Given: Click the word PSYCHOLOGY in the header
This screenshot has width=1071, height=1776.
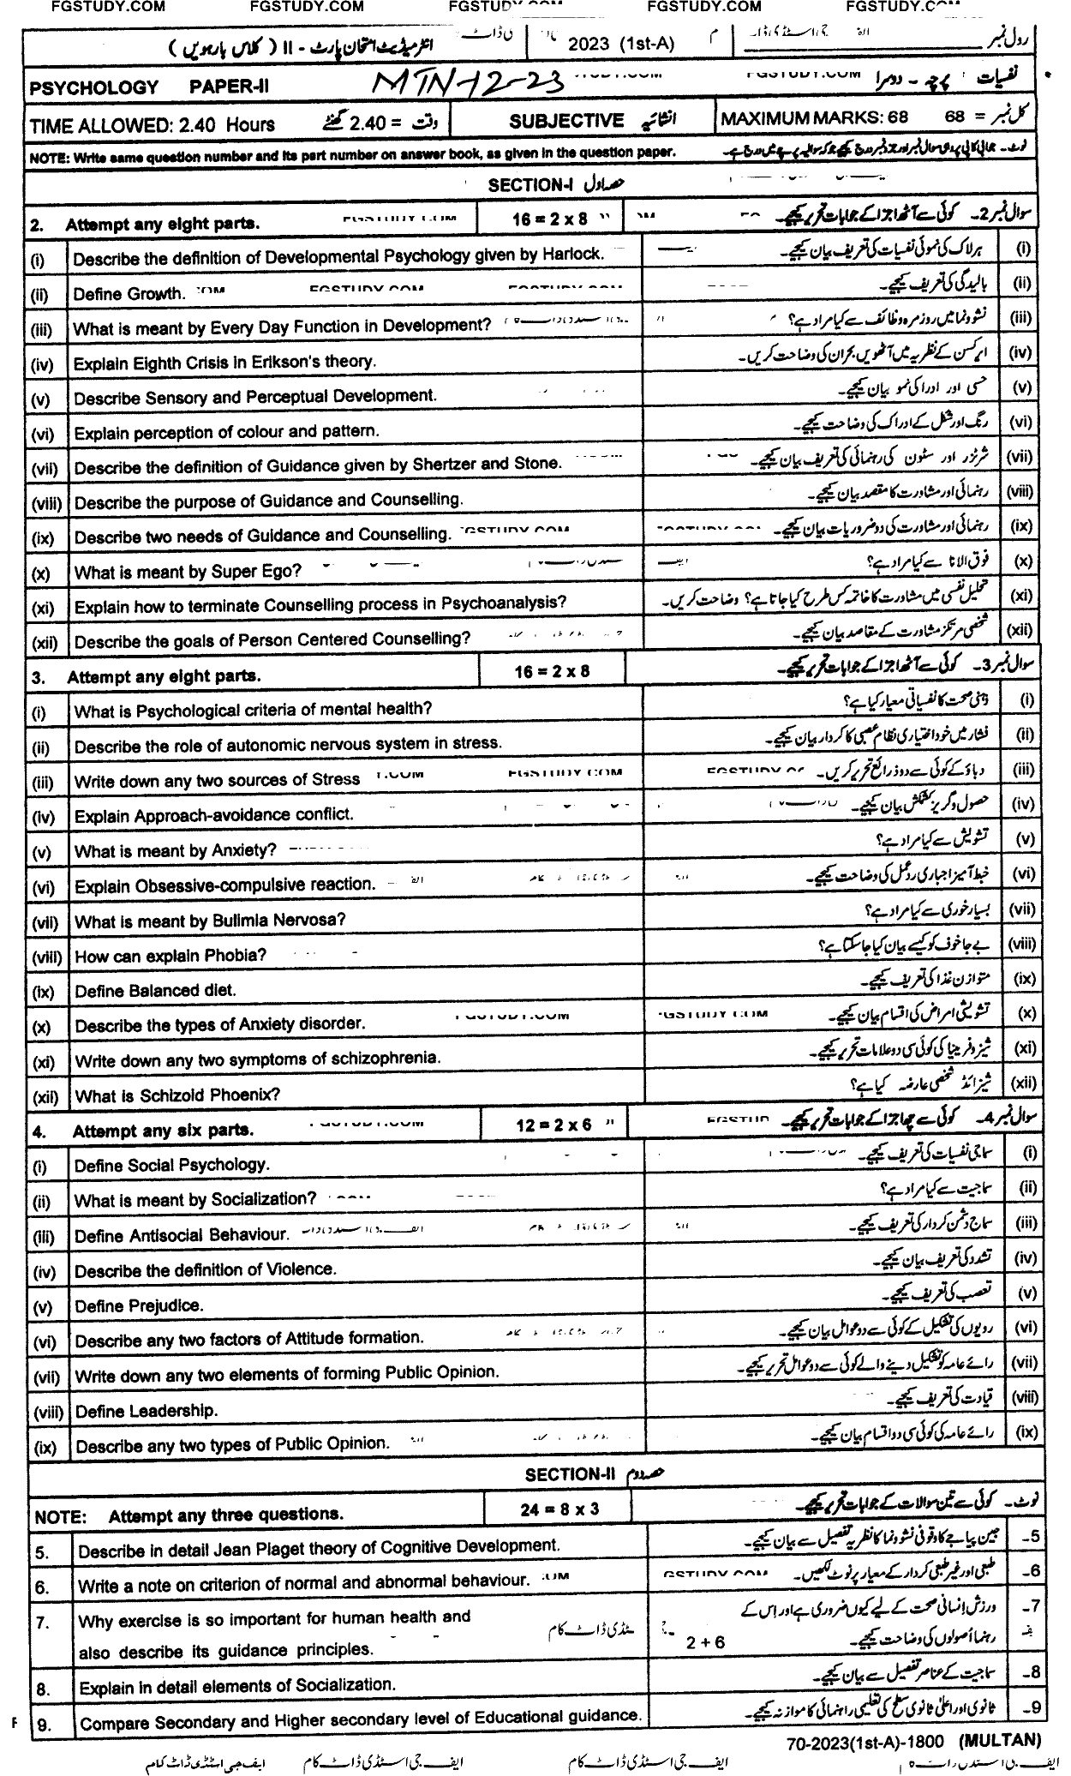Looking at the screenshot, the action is (x=94, y=87).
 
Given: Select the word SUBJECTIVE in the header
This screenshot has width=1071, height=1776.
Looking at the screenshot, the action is (x=566, y=121).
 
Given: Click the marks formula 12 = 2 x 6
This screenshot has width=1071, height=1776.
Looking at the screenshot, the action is (x=554, y=1125).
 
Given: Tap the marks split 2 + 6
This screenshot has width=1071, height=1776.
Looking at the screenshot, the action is (x=705, y=1641).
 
